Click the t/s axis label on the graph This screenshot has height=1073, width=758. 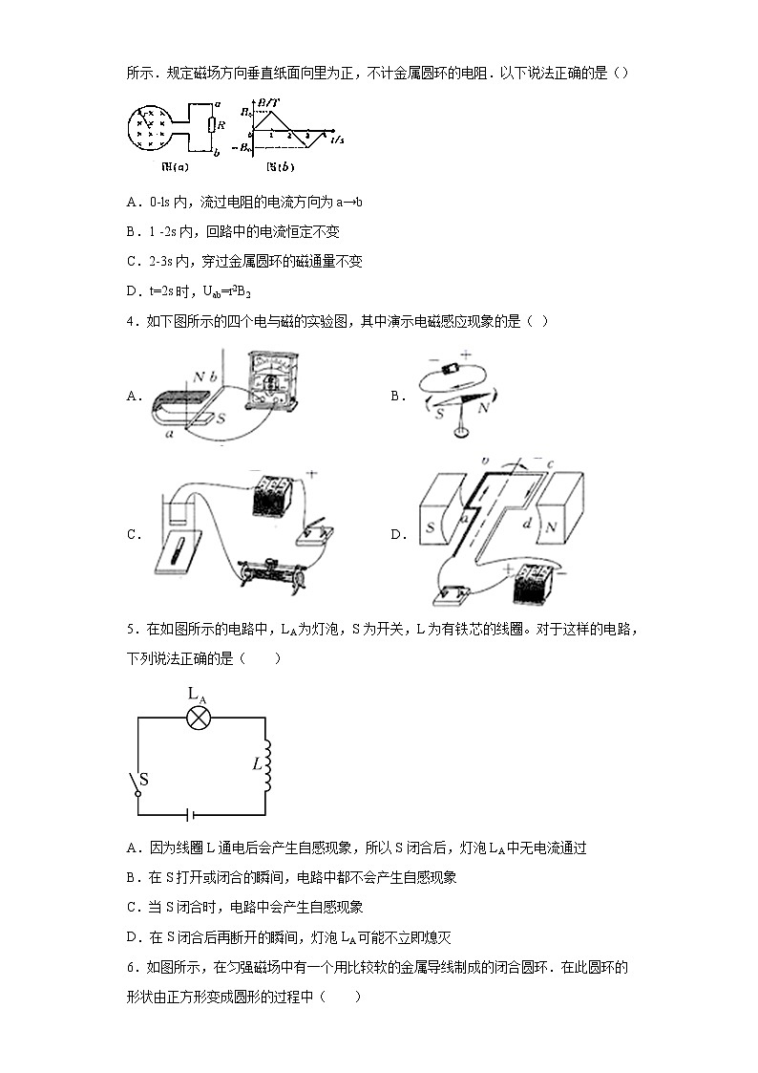click(337, 140)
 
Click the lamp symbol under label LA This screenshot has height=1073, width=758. click(198, 718)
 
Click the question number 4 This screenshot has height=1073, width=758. click(131, 321)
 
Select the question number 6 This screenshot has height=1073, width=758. click(131, 967)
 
